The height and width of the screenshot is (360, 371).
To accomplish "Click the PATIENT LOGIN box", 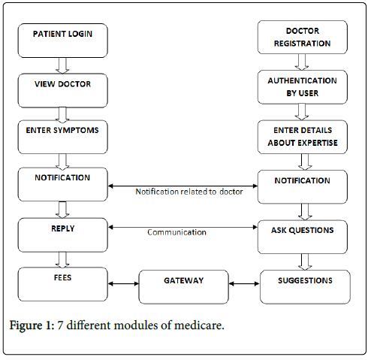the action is [62, 41].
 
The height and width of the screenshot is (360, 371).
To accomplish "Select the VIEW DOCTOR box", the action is [62, 90].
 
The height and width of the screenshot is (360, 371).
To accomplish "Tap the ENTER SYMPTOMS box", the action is [62, 137].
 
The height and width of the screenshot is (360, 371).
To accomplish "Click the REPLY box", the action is [62, 235].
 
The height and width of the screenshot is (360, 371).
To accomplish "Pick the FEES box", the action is [62, 284].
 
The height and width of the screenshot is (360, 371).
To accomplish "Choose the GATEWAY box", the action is [184, 287].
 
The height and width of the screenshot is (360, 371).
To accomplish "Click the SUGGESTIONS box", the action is [305, 287].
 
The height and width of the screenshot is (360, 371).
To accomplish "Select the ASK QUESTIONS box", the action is [303, 237].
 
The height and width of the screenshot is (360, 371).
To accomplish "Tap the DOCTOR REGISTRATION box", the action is [303, 37].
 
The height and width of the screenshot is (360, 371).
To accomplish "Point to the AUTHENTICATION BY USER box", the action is [303, 87].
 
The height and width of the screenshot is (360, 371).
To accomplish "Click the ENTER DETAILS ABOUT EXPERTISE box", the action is [303, 137].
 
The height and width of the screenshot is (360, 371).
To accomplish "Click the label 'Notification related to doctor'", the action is [189, 192].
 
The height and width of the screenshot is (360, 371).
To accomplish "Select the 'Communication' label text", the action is [176, 232].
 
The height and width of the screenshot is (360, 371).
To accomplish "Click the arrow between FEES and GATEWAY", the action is [123, 284].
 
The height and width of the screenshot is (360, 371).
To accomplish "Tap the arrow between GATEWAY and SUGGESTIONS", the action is [244, 284].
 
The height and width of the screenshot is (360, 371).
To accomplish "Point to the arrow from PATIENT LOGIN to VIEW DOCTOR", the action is [62, 65].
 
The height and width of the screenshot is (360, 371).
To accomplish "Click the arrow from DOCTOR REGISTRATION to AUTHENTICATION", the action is [302, 62].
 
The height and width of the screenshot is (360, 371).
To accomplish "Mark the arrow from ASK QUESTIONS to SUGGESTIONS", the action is [305, 262].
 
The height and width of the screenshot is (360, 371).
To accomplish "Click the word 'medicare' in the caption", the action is [199, 325].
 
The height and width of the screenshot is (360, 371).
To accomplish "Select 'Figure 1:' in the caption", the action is [32, 325].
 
